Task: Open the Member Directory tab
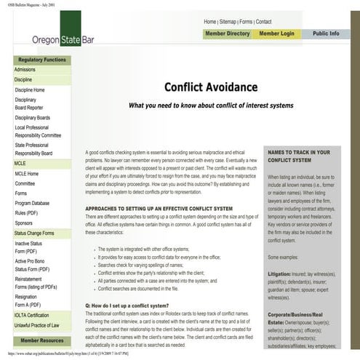pyautogui.click(x=227, y=33)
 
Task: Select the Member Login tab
pyautogui.click(x=277, y=33)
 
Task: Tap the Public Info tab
pyautogui.click(x=326, y=33)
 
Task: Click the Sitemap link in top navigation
pyautogui.click(x=231, y=22)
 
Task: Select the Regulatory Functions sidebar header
pyautogui.click(x=42, y=60)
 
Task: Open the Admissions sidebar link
pyautogui.click(x=25, y=70)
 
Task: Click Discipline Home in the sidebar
pyautogui.click(x=30, y=90)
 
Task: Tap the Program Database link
pyautogui.click(x=33, y=203)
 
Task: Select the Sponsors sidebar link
pyautogui.click(x=24, y=223)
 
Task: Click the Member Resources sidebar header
pyautogui.click(x=42, y=340)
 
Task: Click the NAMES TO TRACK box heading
pyautogui.click(x=298, y=157)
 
